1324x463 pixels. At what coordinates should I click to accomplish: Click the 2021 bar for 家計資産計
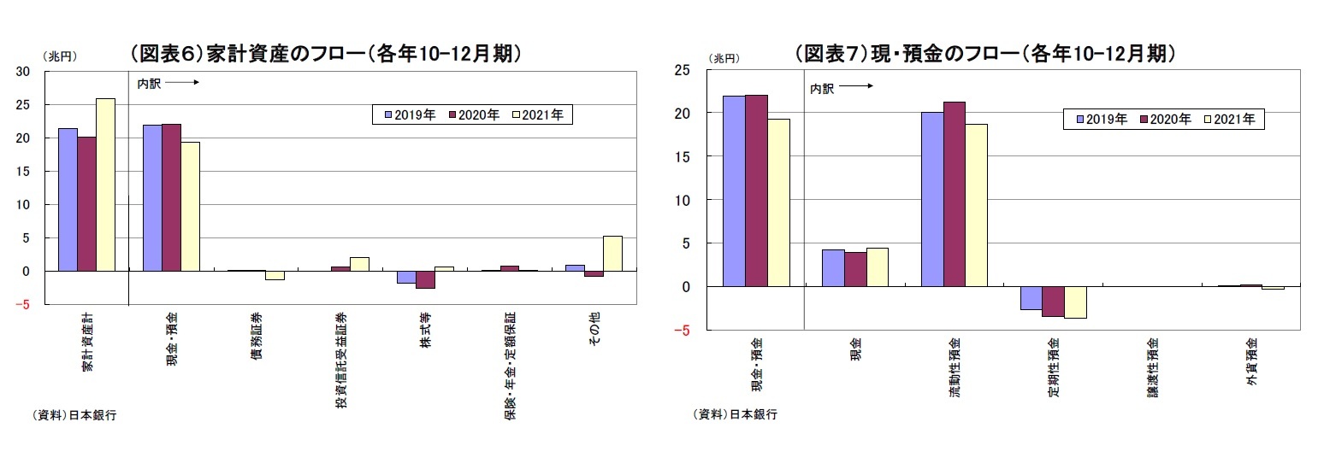pos(105,185)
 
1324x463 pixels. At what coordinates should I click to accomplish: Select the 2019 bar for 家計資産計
pos(68,200)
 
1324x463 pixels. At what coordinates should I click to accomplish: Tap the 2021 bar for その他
pos(613,254)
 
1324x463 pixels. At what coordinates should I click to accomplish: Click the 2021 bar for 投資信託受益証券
pos(359,264)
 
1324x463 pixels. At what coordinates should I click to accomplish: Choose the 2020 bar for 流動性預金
pos(955,195)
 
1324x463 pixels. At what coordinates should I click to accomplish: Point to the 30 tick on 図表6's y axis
pos(23,72)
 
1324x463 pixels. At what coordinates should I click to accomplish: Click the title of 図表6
pos(325,54)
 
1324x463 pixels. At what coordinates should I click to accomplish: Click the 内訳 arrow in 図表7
pos(857,86)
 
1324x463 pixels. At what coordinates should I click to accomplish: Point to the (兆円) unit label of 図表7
pos(724,58)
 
